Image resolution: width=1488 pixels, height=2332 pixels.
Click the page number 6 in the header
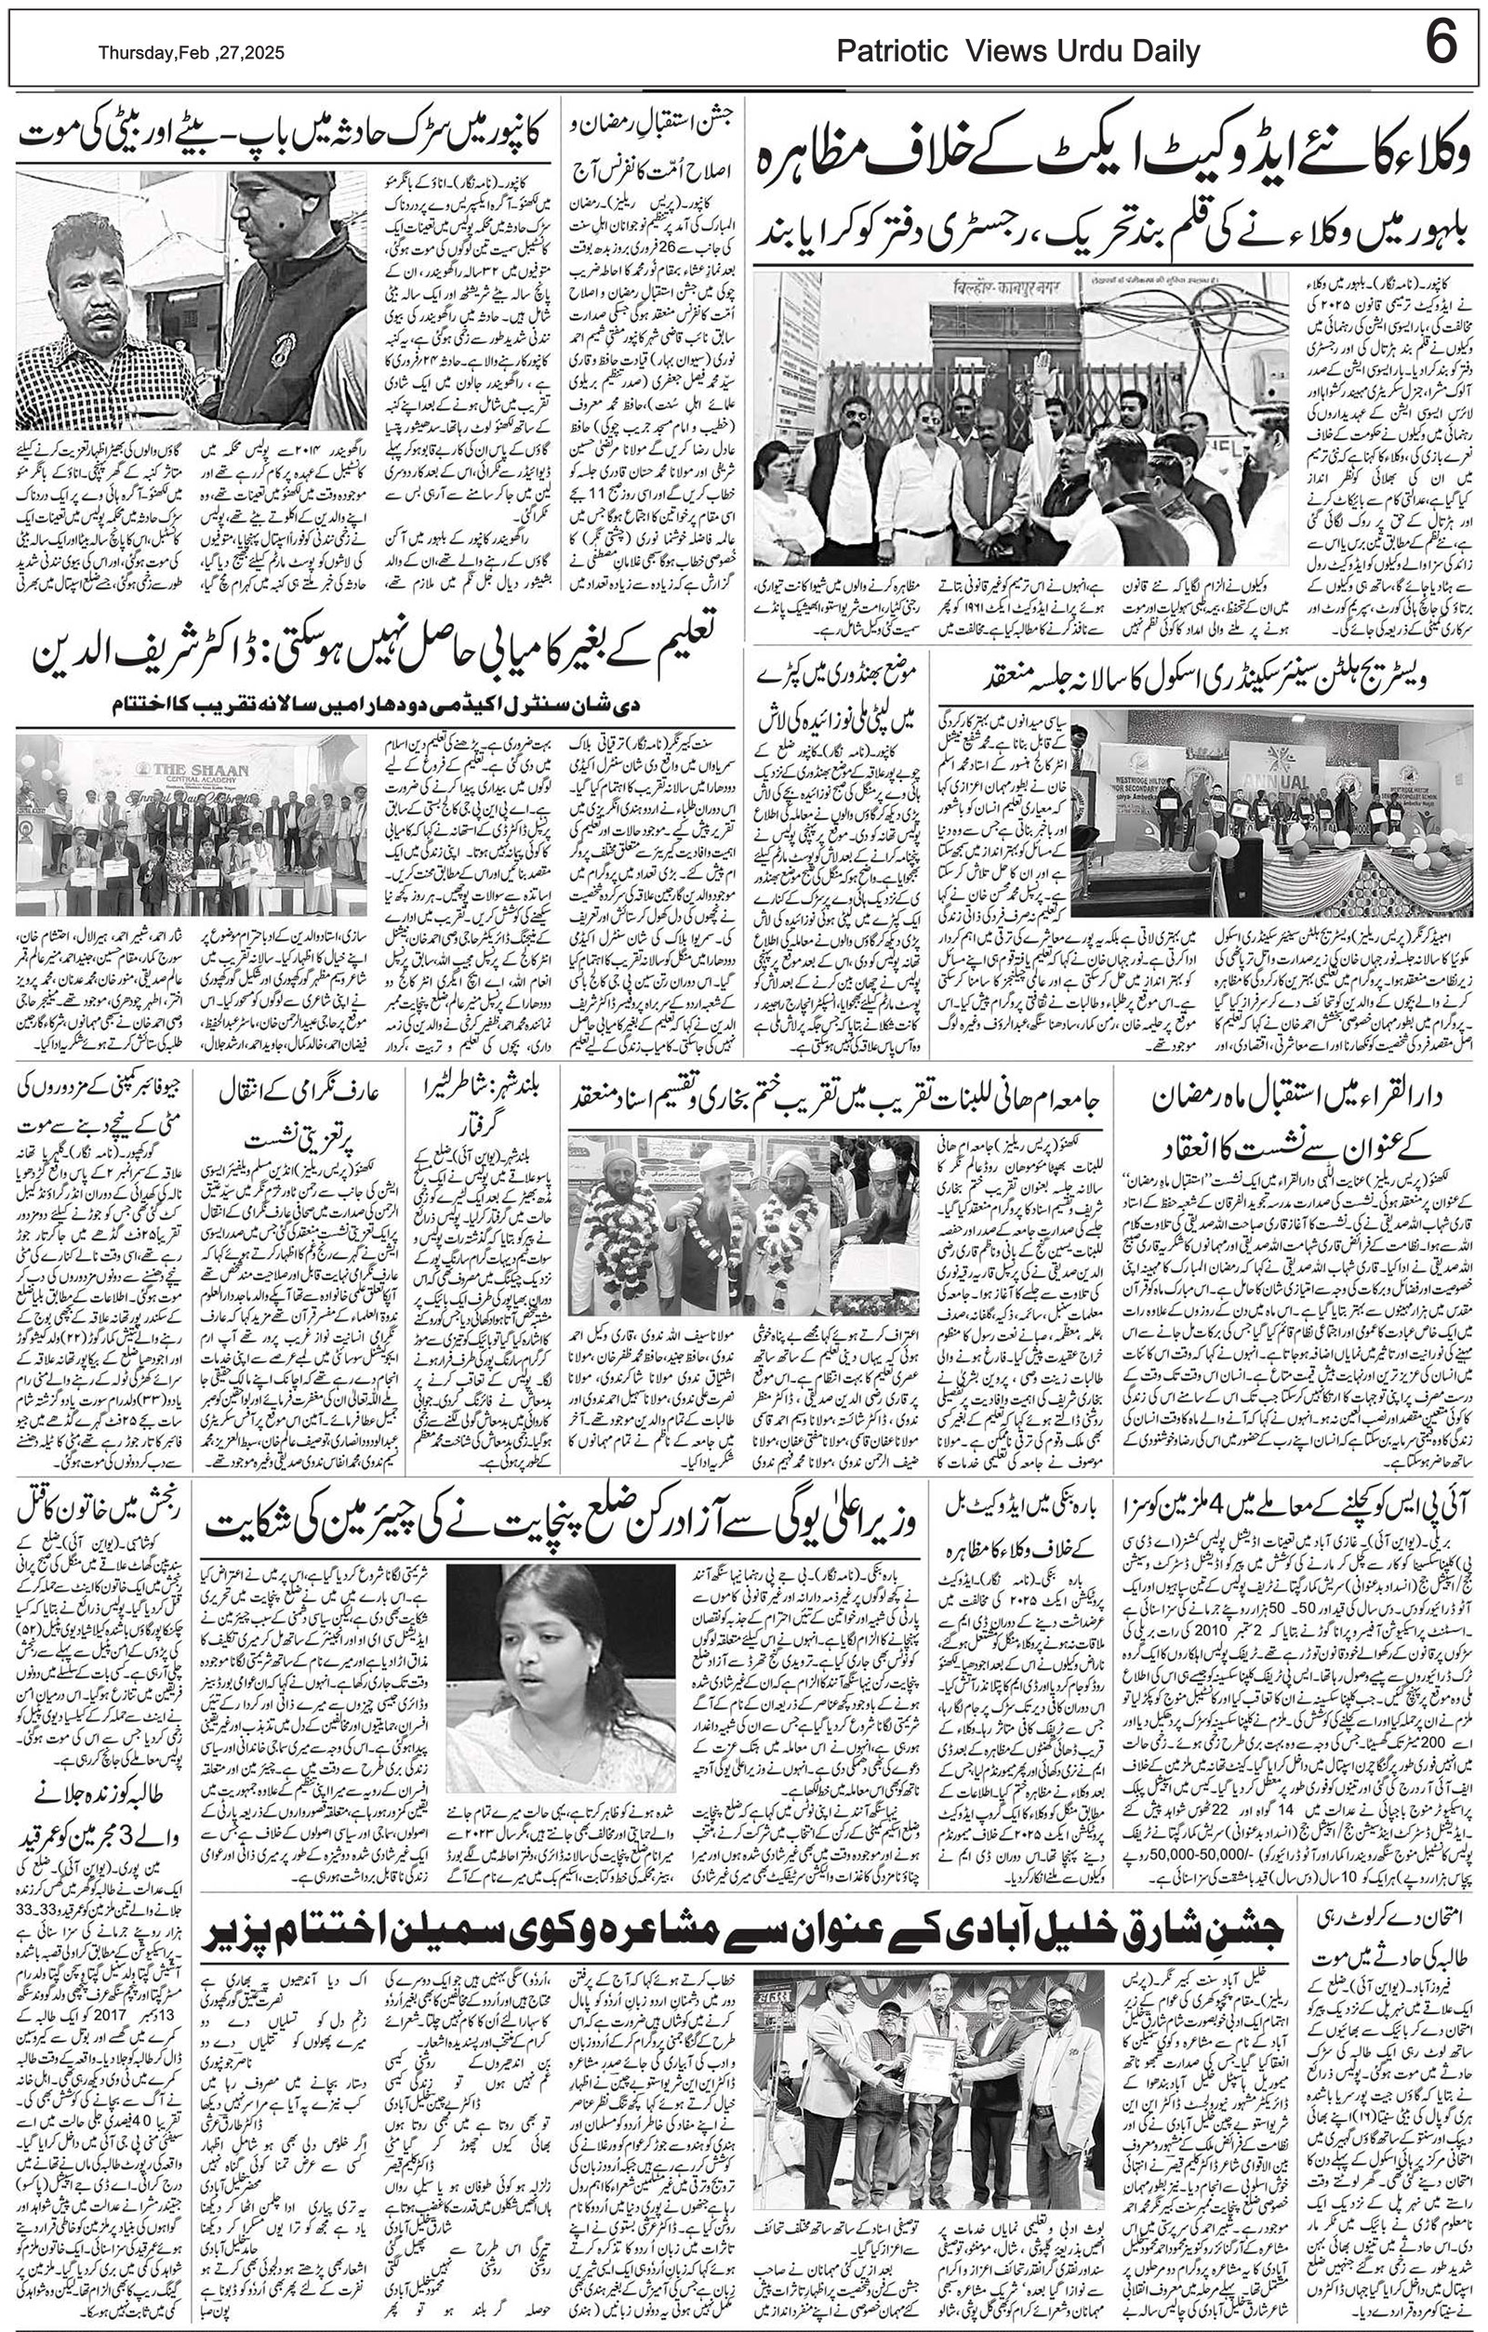point(1441,46)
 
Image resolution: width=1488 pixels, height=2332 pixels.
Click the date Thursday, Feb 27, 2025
point(191,54)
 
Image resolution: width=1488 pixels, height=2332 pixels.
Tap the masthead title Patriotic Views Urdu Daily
point(1017,52)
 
